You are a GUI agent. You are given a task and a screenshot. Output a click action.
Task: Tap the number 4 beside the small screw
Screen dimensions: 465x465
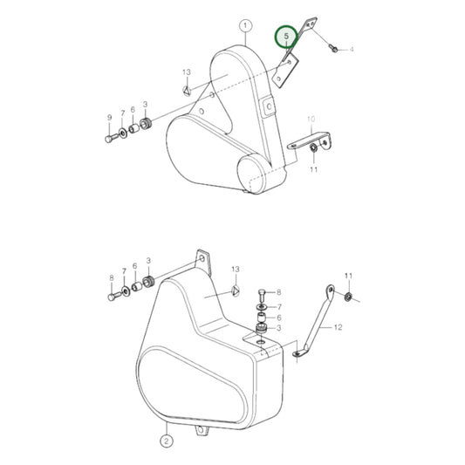(352, 51)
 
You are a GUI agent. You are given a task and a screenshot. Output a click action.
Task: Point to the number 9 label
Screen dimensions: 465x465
(109, 118)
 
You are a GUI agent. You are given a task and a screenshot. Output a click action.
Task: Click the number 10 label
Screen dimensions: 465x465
(310, 118)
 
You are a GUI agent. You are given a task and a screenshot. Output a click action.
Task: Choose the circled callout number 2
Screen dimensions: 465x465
(167, 428)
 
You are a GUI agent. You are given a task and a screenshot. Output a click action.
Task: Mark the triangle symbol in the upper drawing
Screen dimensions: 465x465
(186, 89)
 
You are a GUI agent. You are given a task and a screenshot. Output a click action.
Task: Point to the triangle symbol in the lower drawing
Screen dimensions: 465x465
(235, 291)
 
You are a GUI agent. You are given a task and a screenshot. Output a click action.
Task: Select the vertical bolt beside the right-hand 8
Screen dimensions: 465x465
(262, 293)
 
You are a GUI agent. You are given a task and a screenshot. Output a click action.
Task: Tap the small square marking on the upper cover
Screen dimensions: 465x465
(269, 106)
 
